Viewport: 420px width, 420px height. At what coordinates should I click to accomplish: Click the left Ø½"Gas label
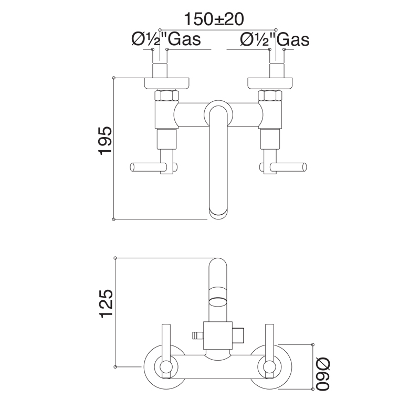[x=166, y=39]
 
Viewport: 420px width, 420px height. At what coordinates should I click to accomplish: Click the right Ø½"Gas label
[x=274, y=39]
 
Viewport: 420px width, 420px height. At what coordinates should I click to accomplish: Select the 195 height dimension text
[x=105, y=140]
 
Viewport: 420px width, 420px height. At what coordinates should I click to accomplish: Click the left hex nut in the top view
[x=167, y=96]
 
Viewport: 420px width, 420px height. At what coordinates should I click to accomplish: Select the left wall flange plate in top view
[x=167, y=82]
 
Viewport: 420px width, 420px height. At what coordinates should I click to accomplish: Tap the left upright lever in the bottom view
[x=166, y=346]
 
